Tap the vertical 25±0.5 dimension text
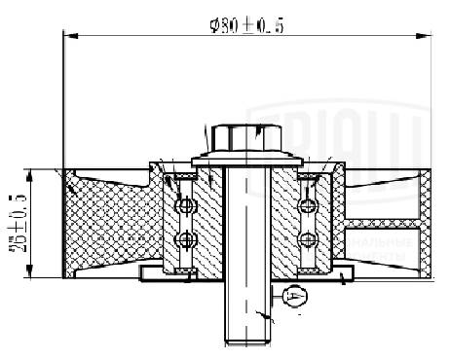[18, 224]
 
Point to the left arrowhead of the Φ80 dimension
[68, 35]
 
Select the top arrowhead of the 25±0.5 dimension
[32, 173]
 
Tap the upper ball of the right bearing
[309, 205]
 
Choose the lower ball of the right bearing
[309, 239]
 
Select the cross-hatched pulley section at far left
[97, 224]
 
